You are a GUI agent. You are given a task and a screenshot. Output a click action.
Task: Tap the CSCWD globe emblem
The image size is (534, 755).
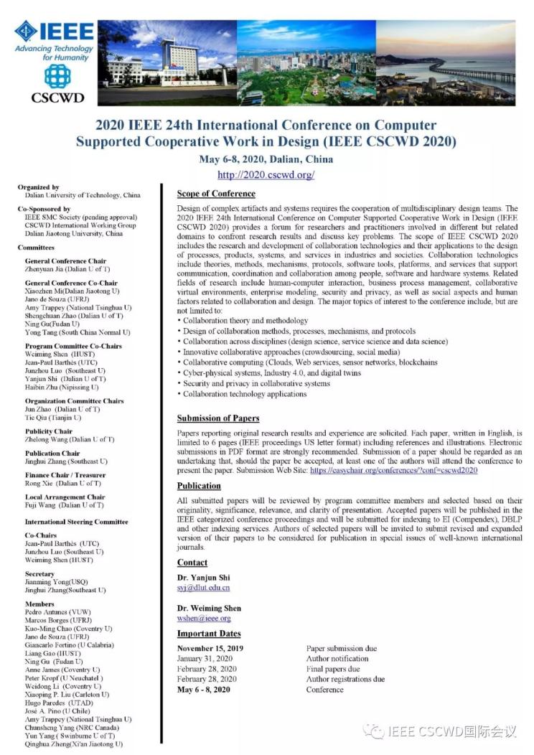click(x=57, y=75)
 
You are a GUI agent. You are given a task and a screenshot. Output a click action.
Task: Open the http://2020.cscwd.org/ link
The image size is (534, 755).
click(x=266, y=174)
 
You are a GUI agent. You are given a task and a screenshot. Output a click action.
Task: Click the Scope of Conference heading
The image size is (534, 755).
click(x=217, y=193)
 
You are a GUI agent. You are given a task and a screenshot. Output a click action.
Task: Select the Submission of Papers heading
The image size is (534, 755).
click(x=218, y=418)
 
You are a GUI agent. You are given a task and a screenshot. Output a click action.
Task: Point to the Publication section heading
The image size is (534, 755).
click(x=199, y=486)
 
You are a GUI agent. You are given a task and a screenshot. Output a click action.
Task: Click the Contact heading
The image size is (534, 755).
click(x=192, y=563)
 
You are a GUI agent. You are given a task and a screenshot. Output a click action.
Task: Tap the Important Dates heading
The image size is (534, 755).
click(x=209, y=634)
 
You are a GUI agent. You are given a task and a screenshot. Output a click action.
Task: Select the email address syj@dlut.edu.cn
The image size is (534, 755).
click(x=203, y=588)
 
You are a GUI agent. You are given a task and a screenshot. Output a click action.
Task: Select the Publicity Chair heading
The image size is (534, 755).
click(x=49, y=431)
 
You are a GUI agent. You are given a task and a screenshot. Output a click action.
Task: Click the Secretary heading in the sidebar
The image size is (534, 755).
click(x=39, y=574)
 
